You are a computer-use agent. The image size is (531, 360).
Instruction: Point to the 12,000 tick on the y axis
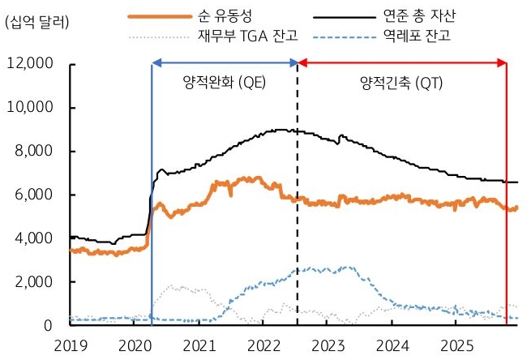click(30, 64)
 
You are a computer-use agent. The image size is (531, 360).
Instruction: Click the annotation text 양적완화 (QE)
click(225, 83)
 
